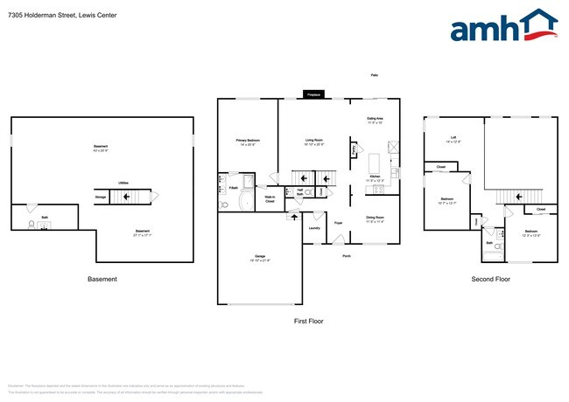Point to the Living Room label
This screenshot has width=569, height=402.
[x=314, y=142]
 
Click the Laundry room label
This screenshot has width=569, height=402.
[x=314, y=228]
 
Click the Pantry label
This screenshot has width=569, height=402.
[x=354, y=150]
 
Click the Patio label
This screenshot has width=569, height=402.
[x=374, y=76]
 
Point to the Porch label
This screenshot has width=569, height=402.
[x=347, y=256]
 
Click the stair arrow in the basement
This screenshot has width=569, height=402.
[x=128, y=198]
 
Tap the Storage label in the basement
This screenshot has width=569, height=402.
[x=101, y=198]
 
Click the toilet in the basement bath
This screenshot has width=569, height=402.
[x=32, y=225]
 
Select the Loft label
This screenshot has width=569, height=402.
[x=453, y=138]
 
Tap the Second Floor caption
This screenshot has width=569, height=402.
[x=490, y=280]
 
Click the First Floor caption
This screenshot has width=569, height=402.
[x=308, y=322]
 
